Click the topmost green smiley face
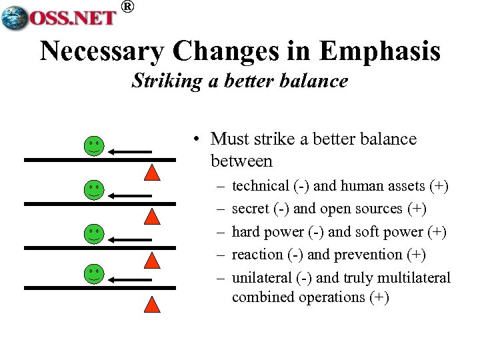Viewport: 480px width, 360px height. [94, 146]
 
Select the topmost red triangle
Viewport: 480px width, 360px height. [153, 173]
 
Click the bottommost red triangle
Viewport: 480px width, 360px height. [153, 303]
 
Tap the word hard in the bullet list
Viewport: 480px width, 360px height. [246, 232]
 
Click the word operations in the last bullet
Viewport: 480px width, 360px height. [331, 297]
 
